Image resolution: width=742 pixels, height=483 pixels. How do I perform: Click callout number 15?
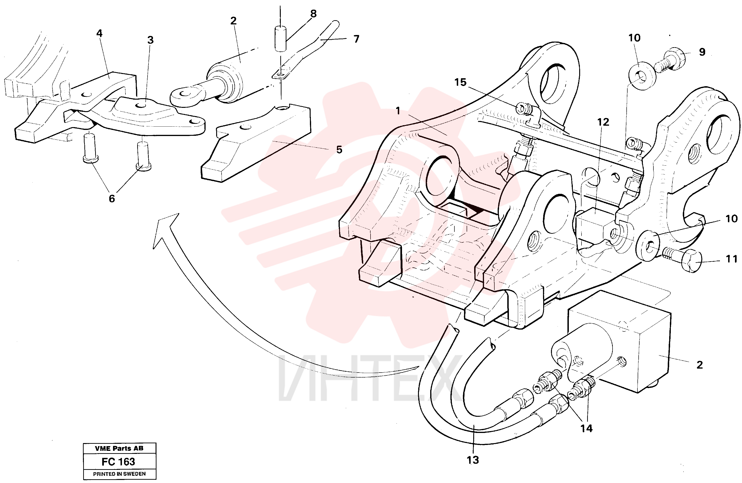click(460, 82)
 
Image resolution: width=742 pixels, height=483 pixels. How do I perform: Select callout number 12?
click(603, 122)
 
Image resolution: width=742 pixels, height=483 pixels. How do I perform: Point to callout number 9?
click(702, 52)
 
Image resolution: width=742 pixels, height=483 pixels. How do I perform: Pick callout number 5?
click(339, 149)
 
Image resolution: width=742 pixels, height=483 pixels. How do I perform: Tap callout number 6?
click(112, 198)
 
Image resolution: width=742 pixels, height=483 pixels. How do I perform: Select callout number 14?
click(586, 428)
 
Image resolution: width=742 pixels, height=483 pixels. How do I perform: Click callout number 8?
click(313, 14)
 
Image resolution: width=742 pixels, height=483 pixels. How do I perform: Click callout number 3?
click(150, 40)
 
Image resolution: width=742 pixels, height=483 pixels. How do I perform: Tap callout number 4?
click(99, 33)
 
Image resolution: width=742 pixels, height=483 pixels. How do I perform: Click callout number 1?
click(398, 111)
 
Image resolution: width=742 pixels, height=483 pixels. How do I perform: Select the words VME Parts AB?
click(119, 448)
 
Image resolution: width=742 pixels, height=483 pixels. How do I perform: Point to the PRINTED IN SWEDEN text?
click(119, 474)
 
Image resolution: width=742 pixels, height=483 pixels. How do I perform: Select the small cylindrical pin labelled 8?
click(280, 39)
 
